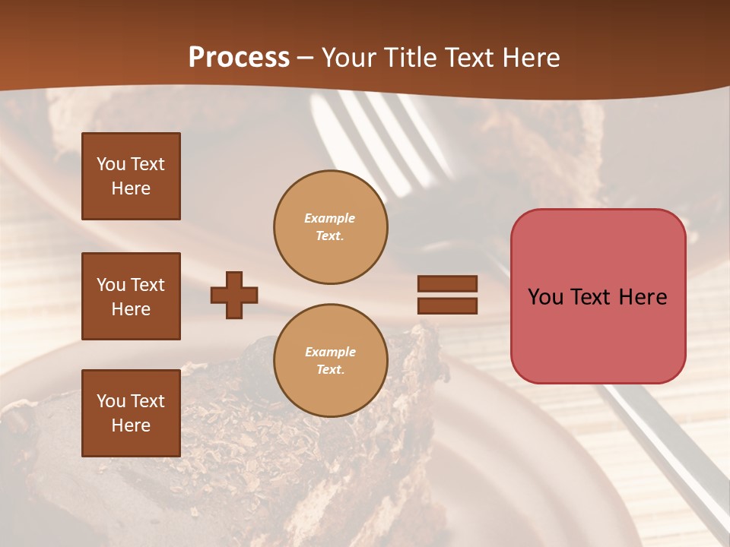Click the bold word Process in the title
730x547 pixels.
239,58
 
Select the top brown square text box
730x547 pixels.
131,176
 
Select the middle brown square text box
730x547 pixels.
131,296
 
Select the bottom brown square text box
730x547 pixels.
131,413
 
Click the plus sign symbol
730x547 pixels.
234,295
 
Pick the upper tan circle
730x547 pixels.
331,227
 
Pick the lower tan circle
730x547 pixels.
331,361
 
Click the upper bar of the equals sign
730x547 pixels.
447,284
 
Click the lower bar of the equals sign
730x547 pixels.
447,306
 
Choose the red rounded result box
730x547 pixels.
598,296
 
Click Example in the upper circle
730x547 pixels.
330,218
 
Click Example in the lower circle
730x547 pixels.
330,352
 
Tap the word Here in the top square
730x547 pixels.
131,188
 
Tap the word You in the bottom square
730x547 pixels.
111,401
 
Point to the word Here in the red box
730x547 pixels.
643,297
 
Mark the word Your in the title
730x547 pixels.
348,58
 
